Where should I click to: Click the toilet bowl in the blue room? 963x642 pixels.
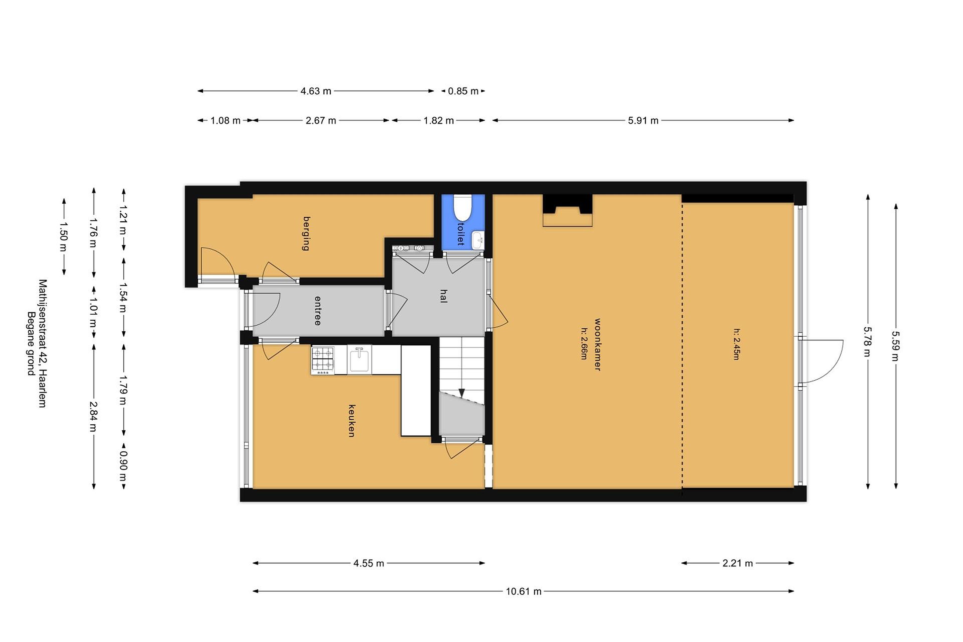tap(463, 208)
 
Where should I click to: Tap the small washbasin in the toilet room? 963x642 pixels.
tap(477, 240)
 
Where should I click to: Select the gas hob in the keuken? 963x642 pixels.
tap(323, 360)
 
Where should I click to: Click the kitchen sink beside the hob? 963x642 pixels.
tap(359, 359)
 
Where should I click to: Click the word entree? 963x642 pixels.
tap(318, 311)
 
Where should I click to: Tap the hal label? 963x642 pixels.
tap(443, 296)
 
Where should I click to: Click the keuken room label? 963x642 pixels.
tap(352, 421)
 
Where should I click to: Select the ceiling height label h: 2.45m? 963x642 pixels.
tap(736, 344)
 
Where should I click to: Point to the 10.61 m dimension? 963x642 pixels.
tap(524, 591)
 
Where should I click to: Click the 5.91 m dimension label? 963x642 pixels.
tap(643, 120)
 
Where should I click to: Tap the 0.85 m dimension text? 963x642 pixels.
tap(463, 91)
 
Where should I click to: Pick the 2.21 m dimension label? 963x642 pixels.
tap(737, 563)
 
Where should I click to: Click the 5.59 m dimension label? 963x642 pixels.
tap(896, 346)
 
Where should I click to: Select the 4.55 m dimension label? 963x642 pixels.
tap(368, 563)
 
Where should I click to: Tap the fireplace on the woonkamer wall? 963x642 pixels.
tap(567, 210)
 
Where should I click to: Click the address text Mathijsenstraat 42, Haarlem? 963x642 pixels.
tap(42, 343)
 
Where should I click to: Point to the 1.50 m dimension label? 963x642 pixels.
tap(64, 237)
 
